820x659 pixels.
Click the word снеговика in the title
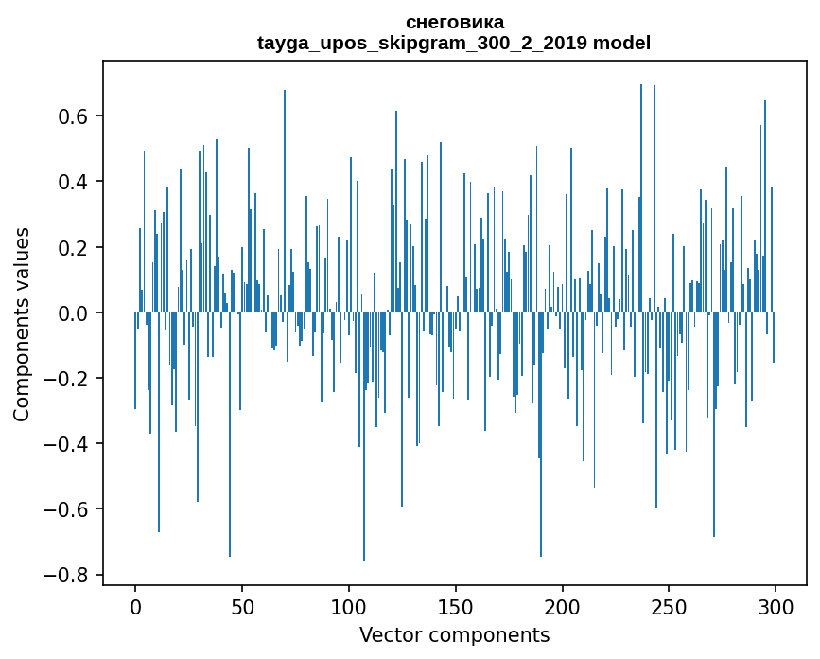pos(454,22)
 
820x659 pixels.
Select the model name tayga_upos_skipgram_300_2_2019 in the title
pos(418,44)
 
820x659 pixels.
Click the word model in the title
pos(623,44)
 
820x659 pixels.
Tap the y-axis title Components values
pos(22,324)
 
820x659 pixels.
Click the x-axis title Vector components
pos(454,635)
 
